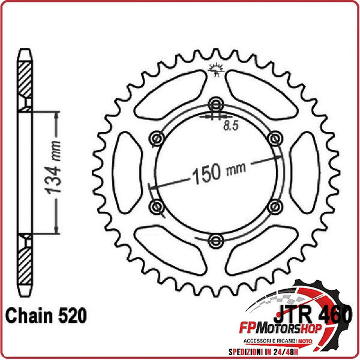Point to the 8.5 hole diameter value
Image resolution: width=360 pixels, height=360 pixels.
pos(230,126)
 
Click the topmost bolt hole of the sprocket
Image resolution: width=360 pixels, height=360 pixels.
pos(215,104)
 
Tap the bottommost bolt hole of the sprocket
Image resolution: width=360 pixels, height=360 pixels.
pos(215,241)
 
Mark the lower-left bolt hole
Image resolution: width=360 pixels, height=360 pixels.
pos(158,207)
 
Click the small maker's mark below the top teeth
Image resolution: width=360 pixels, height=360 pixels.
pos(215,71)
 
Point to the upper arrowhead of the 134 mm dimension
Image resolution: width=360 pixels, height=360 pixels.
pos(56,114)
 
